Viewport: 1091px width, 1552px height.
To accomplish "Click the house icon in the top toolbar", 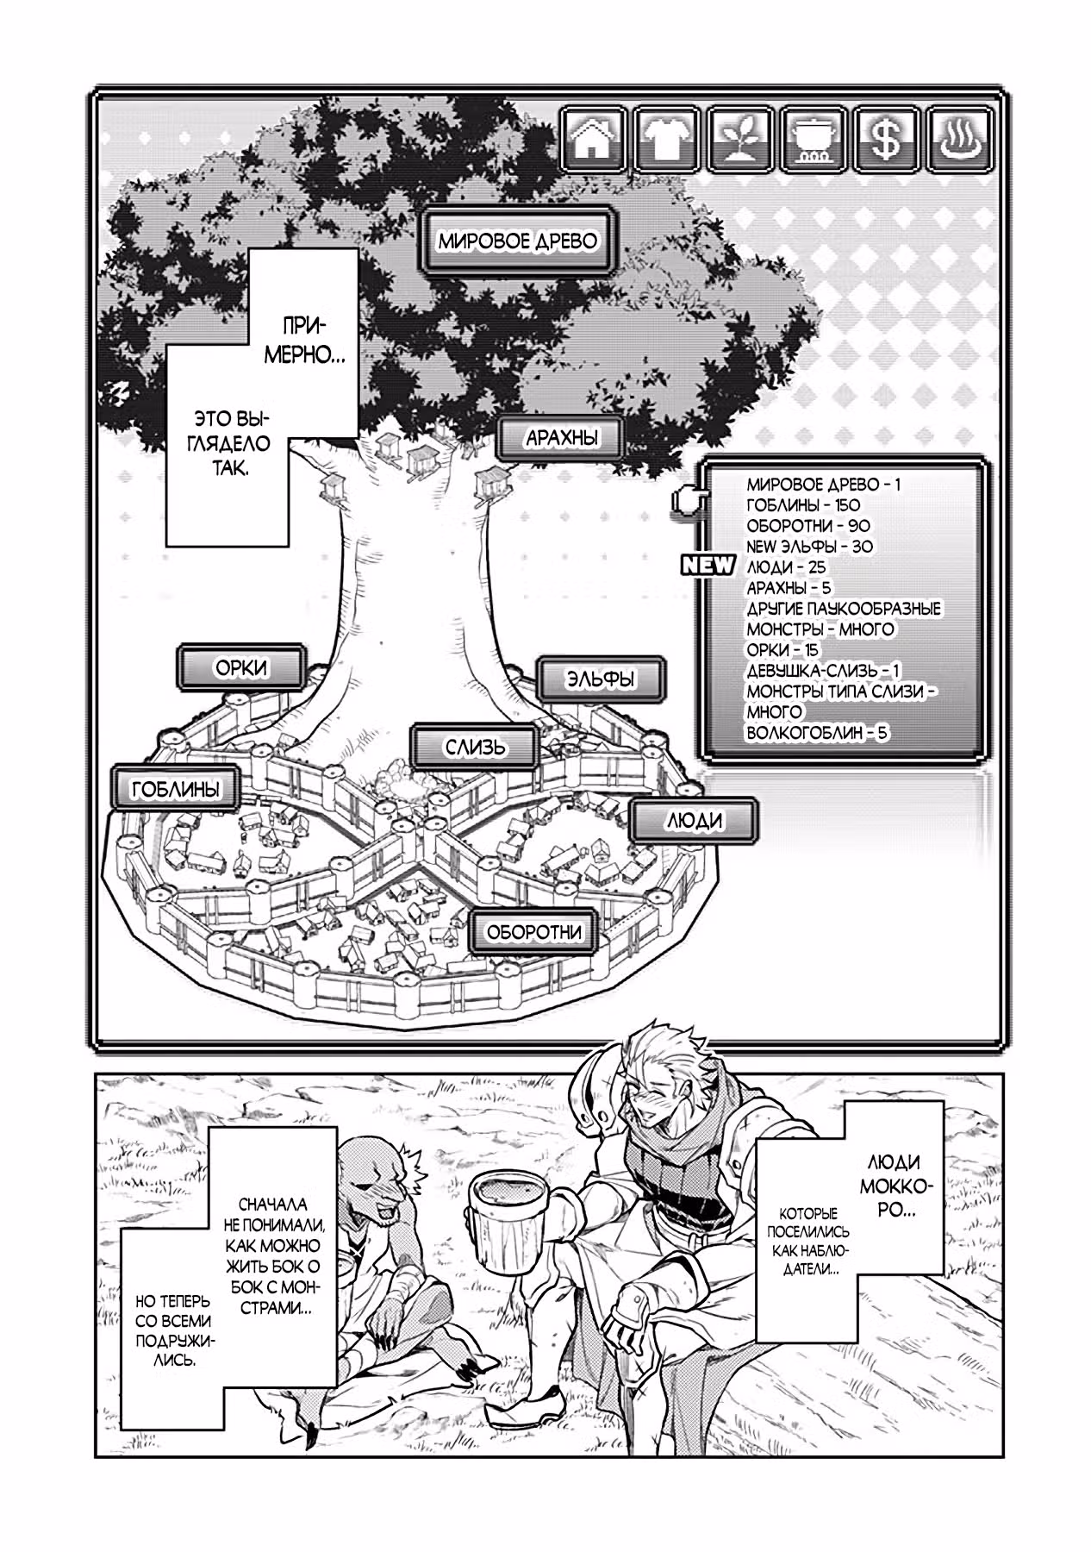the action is coord(594,139).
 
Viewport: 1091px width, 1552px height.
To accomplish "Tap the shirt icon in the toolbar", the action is coord(667,139).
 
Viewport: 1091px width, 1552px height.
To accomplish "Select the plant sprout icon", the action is coord(740,139).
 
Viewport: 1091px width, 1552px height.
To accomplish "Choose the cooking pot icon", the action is coord(814,139).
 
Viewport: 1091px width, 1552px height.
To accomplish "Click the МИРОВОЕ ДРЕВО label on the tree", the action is coord(517,241).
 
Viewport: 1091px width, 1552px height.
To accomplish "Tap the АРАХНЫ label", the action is coord(562,438).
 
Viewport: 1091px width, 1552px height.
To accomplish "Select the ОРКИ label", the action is coord(241,667).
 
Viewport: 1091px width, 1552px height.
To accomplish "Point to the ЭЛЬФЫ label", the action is coord(601,679).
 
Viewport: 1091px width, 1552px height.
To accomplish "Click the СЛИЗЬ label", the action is coord(476,747).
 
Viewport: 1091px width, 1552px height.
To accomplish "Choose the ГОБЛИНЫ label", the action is coord(175,788).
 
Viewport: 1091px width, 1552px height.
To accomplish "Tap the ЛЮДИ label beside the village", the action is coord(695,821).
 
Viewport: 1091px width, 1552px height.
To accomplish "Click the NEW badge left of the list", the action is coord(708,566).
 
